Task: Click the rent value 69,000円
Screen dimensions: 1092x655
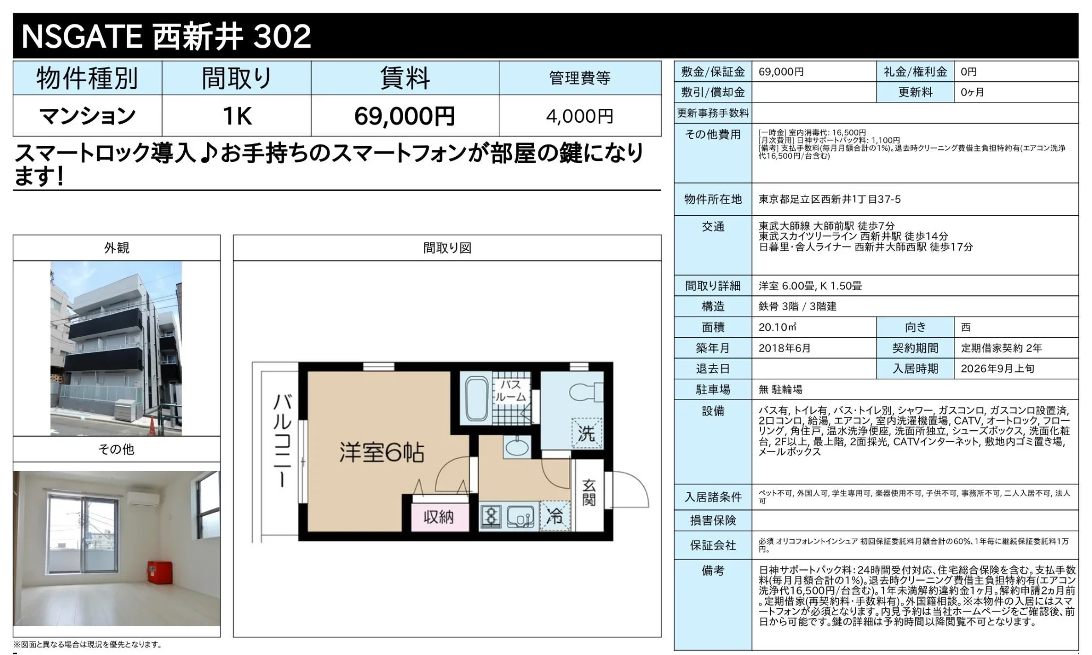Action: click(x=405, y=116)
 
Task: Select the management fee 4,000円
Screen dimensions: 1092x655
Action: click(x=579, y=116)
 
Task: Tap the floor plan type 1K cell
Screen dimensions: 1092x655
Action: click(x=237, y=116)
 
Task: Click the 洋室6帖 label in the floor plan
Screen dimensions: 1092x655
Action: click(x=382, y=453)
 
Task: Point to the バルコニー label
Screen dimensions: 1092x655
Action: click(x=282, y=440)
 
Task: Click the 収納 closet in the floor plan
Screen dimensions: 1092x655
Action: click(x=439, y=517)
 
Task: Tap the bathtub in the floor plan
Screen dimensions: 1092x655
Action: click(x=476, y=399)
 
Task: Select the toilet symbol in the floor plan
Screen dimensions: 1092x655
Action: click(x=586, y=393)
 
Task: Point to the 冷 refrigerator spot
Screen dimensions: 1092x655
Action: click(x=555, y=515)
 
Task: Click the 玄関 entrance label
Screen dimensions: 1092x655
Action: click(x=589, y=492)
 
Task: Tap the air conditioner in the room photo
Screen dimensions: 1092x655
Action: click(x=143, y=498)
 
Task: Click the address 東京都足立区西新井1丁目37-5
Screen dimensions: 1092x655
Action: click(x=830, y=199)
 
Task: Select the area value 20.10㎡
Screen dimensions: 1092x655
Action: click(x=778, y=327)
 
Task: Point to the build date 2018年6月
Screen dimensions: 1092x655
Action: click(x=784, y=348)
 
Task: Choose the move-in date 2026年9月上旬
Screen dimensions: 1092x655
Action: click(x=997, y=369)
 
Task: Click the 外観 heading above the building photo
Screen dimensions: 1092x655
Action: click(x=116, y=248)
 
